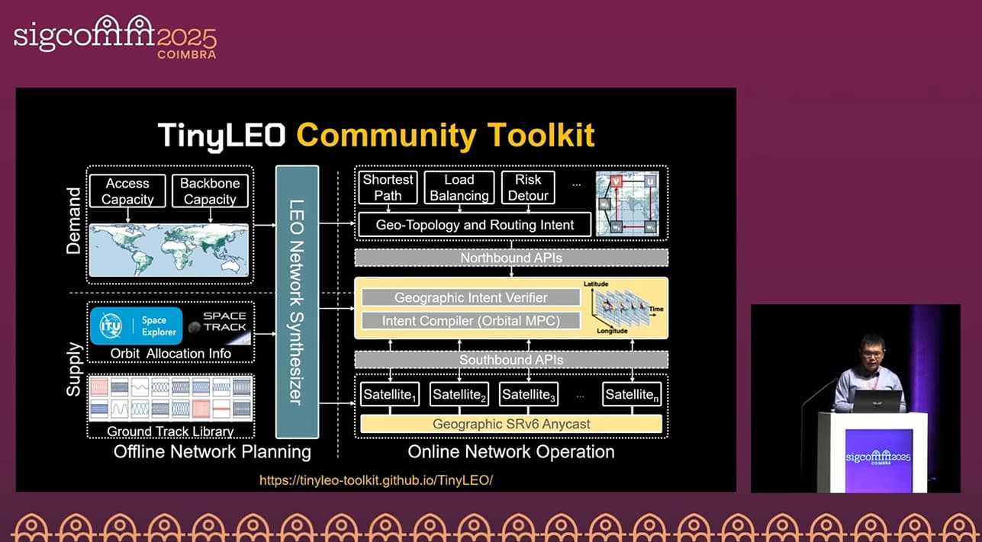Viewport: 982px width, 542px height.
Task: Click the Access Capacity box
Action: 127,191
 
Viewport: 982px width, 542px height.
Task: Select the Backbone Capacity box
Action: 210,191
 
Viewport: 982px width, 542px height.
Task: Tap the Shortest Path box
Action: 388,188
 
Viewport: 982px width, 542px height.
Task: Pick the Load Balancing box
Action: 459,188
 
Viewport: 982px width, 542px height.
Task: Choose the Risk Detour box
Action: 527,188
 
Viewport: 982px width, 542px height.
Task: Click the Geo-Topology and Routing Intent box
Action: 475,225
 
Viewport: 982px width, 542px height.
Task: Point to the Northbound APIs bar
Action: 511,258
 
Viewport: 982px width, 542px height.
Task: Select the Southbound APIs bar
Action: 511,359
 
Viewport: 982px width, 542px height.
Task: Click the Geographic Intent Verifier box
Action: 465,297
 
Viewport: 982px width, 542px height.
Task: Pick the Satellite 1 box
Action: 390,394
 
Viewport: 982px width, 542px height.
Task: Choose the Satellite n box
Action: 632,394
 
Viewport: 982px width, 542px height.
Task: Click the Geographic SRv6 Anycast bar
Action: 511,424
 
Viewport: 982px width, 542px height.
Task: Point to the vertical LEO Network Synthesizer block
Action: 297,302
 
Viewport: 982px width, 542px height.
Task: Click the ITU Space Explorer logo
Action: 137,326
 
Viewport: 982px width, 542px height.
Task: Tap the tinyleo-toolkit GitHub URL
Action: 376,480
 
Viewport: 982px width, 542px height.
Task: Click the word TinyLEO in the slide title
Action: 222,135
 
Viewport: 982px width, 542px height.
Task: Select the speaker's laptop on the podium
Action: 877,399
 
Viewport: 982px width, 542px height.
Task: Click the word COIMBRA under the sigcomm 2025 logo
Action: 186,55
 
